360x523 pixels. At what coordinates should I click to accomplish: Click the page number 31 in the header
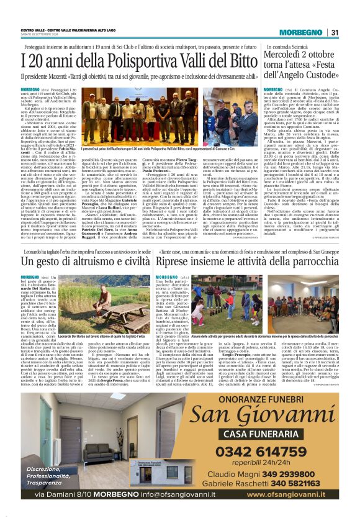coord(334,32)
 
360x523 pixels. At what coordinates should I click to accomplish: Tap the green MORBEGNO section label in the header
coord(304,32)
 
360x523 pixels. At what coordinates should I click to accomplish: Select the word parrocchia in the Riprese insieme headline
coord(312,261)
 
